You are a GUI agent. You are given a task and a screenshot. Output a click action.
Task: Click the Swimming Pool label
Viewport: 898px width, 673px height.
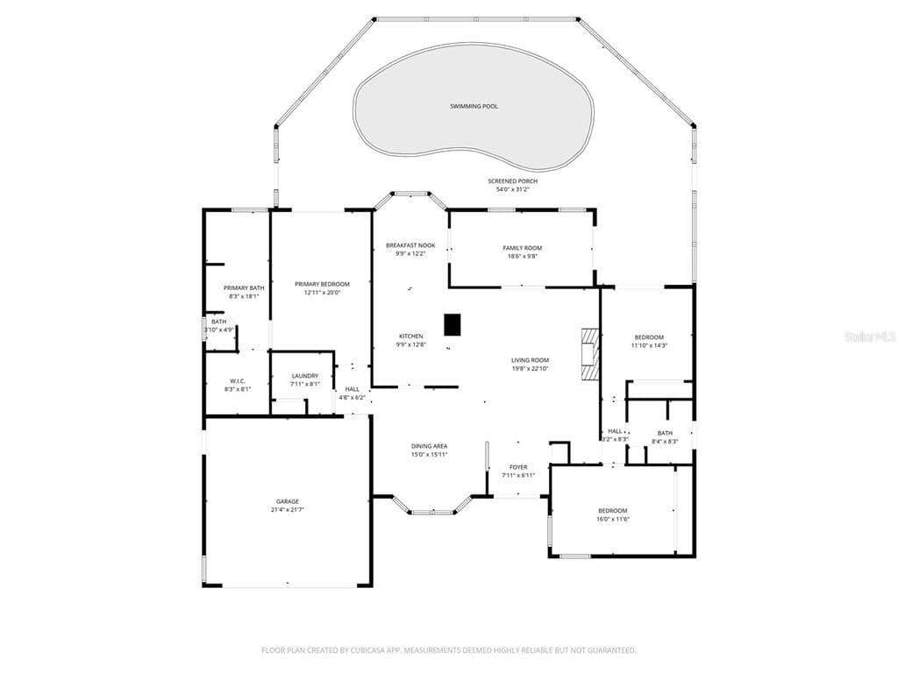click(474, 106)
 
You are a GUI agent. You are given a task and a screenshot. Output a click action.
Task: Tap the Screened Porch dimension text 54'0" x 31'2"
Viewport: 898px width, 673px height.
click(512, 189)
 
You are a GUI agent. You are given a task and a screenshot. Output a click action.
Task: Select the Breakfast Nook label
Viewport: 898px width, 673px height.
click(410, 245)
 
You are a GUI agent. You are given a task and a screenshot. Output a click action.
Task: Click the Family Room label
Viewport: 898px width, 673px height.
click(523, 248)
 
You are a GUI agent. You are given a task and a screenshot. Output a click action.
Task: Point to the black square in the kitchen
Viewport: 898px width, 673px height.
click(453, 324)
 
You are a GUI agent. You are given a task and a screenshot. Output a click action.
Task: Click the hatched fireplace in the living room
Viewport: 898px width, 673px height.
click(589, 354)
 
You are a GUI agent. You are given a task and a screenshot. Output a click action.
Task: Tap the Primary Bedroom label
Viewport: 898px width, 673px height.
click(322, 285)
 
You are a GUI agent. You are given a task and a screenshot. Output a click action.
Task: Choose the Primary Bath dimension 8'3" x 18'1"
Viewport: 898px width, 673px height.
click(244, 296)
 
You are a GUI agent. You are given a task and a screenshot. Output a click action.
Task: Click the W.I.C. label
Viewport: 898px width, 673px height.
click(238, 381)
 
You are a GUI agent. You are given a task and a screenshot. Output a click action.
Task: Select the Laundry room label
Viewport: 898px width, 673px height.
click(304, 376)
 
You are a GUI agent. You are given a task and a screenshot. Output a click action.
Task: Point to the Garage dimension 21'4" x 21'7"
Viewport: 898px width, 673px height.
click(288, 509)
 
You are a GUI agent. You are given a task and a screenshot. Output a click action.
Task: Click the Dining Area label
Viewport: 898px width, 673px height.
click(429, 446)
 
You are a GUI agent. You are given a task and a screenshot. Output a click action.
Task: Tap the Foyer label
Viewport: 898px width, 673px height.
click(518, 468)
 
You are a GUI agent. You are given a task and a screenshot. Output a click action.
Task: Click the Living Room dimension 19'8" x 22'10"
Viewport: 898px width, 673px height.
click(531, 369)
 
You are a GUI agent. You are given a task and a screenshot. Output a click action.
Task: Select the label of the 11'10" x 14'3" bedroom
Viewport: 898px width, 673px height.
click(649, 337)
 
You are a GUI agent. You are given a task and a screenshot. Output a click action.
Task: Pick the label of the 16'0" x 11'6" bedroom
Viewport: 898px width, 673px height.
click(613, 511)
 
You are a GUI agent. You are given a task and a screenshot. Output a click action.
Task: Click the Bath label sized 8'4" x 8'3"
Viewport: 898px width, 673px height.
click(665, 433)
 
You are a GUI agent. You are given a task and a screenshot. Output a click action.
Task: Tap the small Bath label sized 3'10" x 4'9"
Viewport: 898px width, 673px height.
click(218, 322)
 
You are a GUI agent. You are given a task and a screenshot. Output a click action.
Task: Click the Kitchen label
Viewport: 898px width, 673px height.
click(410, 336)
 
